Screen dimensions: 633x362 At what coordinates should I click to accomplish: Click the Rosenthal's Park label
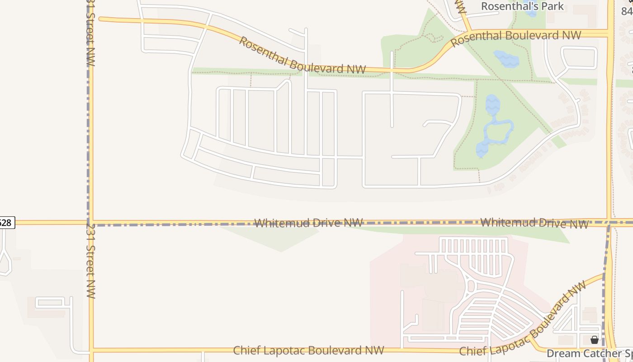tap(522, 6)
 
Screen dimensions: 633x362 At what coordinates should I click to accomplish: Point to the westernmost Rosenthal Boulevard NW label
tap(302, 56)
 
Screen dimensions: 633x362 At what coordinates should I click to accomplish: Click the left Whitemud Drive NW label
tap(308, 223)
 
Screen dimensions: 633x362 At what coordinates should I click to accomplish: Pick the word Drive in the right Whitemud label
tap(541, 223)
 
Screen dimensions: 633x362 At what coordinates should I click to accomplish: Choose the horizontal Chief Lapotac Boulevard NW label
tap(308, 350)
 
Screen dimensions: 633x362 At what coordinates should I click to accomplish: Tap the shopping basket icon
tap(595, 339)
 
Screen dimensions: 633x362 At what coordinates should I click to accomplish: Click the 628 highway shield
tap(5, 223)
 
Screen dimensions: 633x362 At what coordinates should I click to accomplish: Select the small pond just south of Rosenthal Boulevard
tap(506, 59)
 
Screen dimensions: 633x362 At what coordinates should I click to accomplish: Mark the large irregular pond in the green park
tap(494, 127)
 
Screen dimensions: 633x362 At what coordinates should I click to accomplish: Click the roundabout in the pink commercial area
tap(471, 286)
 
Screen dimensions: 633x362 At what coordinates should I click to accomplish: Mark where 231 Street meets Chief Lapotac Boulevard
tap(91, 350)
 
